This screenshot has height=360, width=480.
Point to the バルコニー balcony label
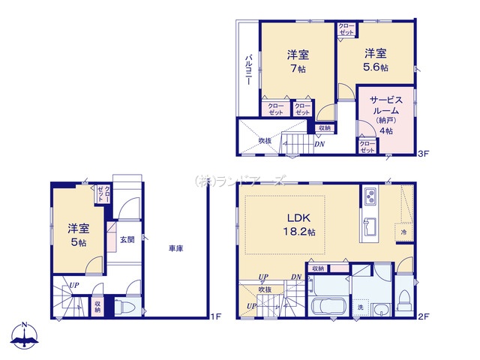pos(247,73)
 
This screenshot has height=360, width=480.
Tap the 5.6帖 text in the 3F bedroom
pos(376,67)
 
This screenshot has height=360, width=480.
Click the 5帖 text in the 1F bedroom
pos(77,242)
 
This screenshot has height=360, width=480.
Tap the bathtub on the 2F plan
pos(326,308)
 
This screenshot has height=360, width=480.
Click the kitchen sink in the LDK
pos(370,225)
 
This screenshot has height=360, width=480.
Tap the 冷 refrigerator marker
pos(403,233)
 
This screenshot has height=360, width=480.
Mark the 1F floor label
pos(214,316)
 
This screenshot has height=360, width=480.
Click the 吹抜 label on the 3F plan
pos(265,140)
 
